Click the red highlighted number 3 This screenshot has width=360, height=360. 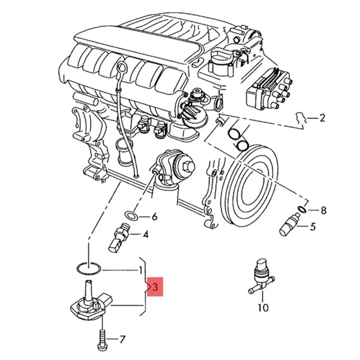click(x=155, y=287)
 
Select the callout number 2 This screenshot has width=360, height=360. click(x=322, y=118)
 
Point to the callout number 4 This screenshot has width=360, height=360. click(x=145, y=235)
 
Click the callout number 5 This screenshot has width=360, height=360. click(x=312, y=226)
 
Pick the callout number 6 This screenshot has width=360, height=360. click(x=154, y=217)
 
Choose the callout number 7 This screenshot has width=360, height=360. click(x=122, y=339)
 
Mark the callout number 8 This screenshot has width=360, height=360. click(x=323, y=210)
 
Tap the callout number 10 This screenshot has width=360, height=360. click(x=263, y=308)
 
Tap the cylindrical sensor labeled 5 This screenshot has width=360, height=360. click(x=290, y=225)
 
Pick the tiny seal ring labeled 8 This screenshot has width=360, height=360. click(x=302, y=209)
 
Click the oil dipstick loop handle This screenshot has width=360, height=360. click(x=122, y=67)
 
